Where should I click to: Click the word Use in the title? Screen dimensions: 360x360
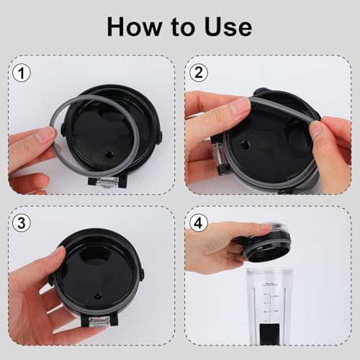(228, 27)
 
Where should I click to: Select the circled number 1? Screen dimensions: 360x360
(22, 73)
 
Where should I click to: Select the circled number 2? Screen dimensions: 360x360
(199, 73)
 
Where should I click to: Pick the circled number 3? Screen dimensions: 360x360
(22, 222)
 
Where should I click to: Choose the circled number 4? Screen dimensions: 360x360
(199, 222)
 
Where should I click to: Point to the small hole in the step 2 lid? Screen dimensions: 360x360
(245, 145)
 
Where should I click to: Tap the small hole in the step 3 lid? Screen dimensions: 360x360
(97, 296)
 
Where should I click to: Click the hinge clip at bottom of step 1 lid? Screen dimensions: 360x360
(107, 181)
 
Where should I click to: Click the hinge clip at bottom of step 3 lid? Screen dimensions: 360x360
(99, 321)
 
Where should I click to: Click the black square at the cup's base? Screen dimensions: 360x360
(269, 333)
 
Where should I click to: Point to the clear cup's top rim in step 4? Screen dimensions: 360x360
(269, 271)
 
